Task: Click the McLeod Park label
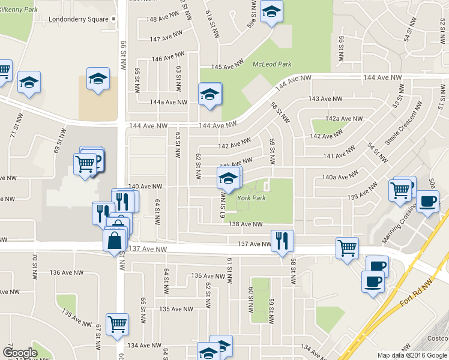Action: pyautogui.click(x=272, y=64)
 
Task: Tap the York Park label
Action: pyautogui.click(x=251, y=197)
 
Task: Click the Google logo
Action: pyautogui.click(x=20, y=353)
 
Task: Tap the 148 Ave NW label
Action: pyautogui.click(x=163, y=19)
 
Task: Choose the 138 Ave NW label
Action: pyautogui.click(x=246, y=224)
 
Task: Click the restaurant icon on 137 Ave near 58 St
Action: pyautogui.click(x=282, y=241)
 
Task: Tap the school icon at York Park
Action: pyautogui.click(x=228, y=179)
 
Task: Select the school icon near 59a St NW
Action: pyautogui.click(x=272, y=12)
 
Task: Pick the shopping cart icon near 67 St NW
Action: pyautogui.click(x=117, y=324)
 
